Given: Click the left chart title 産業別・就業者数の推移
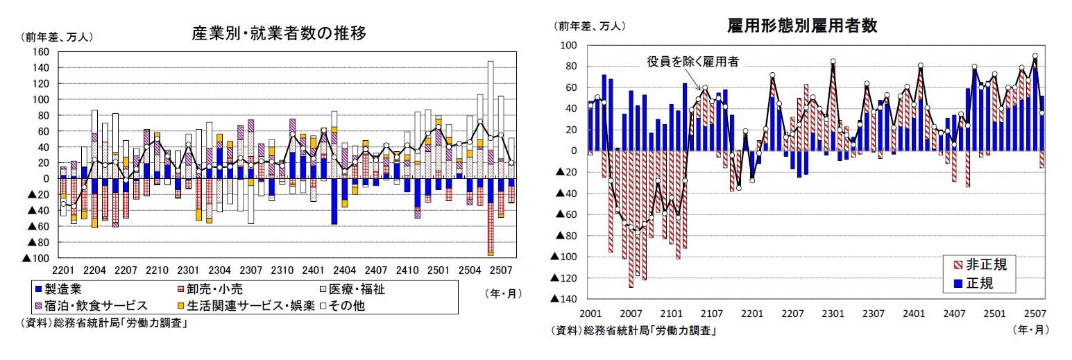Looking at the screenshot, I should [278, 33].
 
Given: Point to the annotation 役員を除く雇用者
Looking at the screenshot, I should [692, 62].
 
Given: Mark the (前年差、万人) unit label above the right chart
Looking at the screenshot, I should [588, 26].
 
